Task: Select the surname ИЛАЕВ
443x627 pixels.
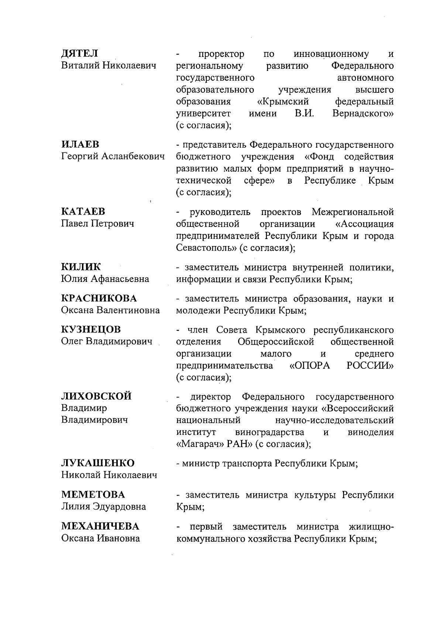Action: point(80,144)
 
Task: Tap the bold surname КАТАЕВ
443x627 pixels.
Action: point(83,211)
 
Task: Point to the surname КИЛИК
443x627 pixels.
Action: point(81,267)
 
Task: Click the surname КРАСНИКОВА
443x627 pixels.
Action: point(99,298)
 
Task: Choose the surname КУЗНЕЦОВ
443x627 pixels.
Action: point(91,329)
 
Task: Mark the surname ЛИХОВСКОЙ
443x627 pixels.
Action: point(96,396)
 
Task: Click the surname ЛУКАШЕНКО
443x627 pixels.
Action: point(98,463)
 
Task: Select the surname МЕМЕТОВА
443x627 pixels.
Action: point(93,494)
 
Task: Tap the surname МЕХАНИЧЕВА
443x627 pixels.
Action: point(100,526)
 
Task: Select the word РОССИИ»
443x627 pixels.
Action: point(370,366)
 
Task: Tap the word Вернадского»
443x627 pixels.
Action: point(363,114)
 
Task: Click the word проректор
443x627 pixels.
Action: point(221,54)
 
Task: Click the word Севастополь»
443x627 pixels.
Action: point(207,248)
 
